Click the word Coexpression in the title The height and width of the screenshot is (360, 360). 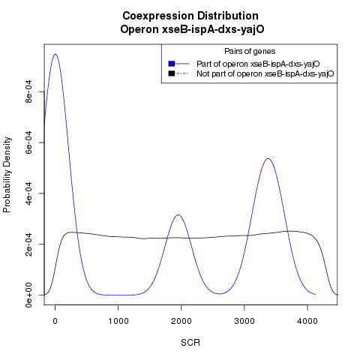click(x=158, y=16)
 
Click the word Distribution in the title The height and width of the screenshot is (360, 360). click(x=228, y=16)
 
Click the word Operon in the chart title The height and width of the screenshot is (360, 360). click(x=139, y=29)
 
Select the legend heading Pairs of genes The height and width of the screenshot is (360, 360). click(x=250, y=51)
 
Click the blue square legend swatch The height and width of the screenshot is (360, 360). click(x=172, y=64)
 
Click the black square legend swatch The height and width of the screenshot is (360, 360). click(x=172, y=73)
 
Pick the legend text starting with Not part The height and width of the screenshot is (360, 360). click(x=265, y=74)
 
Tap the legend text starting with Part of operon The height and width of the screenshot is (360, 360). click(x=258, y=64)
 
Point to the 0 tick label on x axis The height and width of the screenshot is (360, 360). click(x=55, y=321)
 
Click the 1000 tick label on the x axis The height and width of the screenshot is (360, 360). click(x=118, y=321)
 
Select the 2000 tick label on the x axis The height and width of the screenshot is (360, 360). click(x=181, y=321)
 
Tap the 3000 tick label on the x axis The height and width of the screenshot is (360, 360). click(x=244, y=321)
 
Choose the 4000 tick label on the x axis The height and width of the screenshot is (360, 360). click(x=307, y=321)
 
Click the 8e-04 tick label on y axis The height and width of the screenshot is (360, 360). click(x=28, y=91)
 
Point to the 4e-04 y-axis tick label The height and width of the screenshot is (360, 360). click(x=28, y=193)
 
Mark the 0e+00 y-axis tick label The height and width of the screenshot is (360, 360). click(x=28, y=295)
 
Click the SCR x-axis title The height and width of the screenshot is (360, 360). click(x=190, y=343)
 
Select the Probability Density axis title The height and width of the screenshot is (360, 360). click(x=7, y=175)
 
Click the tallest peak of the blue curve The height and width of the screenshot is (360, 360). click(x=55, y=54)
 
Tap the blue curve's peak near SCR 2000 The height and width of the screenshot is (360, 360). click(x=178, y=214)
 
